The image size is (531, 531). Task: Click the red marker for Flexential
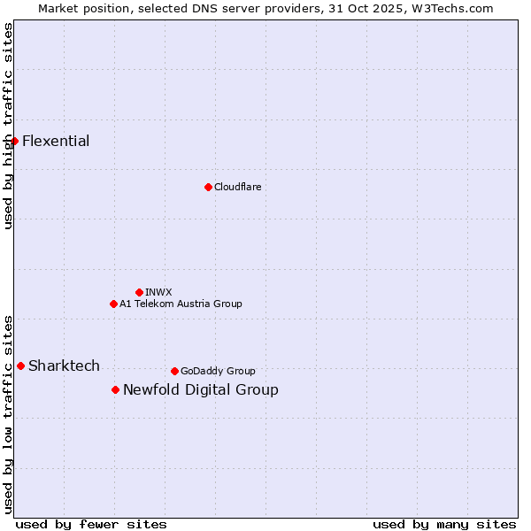coord(14,141)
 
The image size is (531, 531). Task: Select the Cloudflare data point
coord(208,187)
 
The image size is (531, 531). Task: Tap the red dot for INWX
coord(139,292)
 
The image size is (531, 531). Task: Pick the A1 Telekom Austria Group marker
coord(113,304)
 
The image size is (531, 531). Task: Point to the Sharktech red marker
coord(20,366)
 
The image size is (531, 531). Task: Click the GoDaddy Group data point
coord(174,371)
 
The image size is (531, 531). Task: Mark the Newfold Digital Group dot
coord(115,389)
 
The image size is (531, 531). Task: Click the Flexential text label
coord(56,141)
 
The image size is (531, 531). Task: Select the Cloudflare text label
coord(237,187)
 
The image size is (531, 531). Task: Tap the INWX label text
coord(158,292)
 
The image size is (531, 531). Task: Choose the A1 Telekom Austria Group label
coord(181,304)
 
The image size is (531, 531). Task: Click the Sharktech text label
coord(64,366)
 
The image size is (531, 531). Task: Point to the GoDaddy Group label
coord(218,371)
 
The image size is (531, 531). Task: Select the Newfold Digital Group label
coord(201,389)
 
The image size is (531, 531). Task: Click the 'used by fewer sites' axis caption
coord(91,524)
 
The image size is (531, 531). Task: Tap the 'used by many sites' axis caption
coord(444,524)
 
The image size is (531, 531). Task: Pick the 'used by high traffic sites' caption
coord(8,126)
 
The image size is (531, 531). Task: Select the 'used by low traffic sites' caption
coord(8,414)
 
